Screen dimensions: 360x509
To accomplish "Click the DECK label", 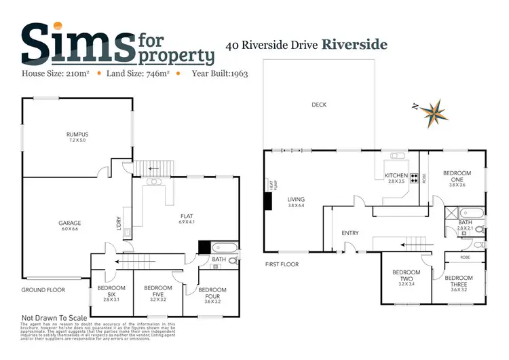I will tap(319, 105).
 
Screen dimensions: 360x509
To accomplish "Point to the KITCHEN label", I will tap(396, 176).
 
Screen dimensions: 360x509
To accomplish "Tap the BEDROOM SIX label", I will tap(107, 289).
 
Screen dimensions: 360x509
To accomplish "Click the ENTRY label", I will tap(350, 233).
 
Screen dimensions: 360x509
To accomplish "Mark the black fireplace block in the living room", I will tap(267, 200).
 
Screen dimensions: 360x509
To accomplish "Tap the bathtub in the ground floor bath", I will tap(224, 247).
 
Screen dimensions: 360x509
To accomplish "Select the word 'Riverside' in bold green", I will tap(354, 45).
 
